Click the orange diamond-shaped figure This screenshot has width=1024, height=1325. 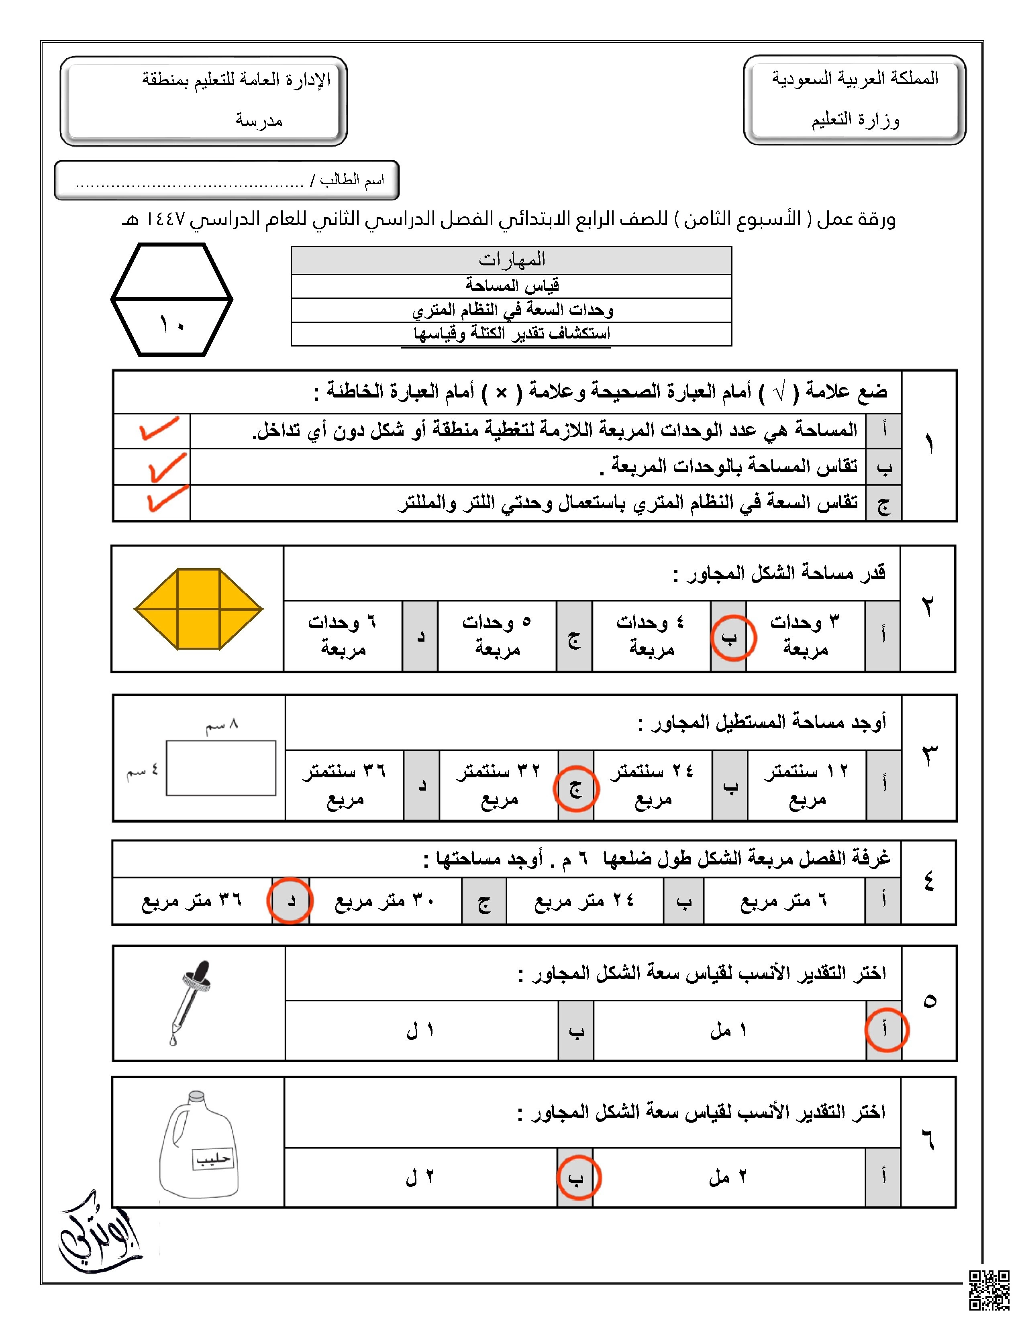click(198, 609)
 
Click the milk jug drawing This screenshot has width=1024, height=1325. click(199, 1145)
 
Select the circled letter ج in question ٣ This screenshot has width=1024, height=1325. click(576, 788)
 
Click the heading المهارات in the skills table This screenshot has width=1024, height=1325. click(511, 260)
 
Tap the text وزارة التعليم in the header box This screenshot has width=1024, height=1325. click(855, 120)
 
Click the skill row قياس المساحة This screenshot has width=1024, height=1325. click(511, 285)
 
